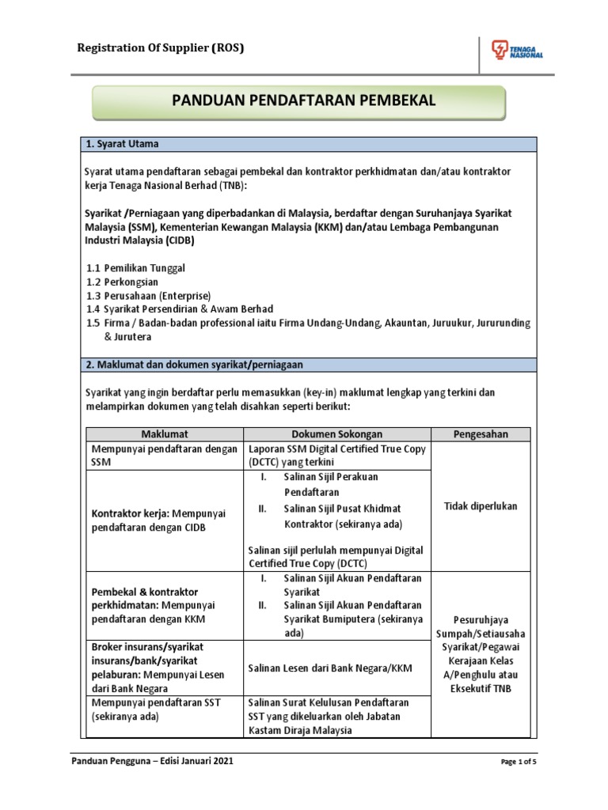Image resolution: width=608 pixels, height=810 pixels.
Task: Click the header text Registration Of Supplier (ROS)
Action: [160, 48]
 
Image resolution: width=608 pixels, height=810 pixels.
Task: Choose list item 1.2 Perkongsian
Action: [123, 282]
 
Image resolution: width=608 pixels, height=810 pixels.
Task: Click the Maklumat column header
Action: [165, 433]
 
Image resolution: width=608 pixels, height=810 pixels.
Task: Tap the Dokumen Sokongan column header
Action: [336, 433]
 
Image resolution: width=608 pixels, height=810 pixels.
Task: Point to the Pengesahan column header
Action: [481, 433]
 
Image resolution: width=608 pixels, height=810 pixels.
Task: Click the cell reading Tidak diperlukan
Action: [481, 506]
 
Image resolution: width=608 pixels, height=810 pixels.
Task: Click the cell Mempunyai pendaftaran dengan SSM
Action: [165, 456]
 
